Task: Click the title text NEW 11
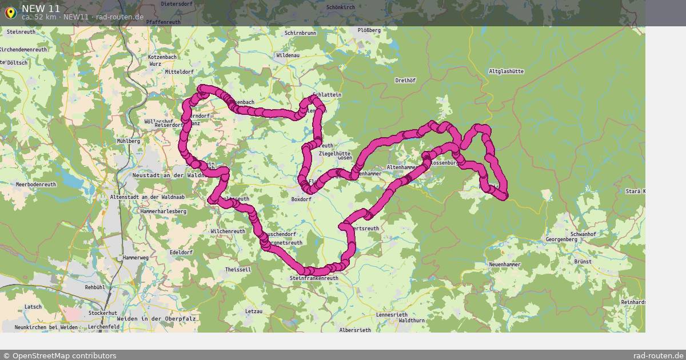(x=41, y=8)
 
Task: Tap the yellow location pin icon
(x=10, y=11)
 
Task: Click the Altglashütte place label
(x=506, y=71)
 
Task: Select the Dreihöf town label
(x=405, y=81)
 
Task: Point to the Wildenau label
(x=288, y=56)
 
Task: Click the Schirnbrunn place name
(x=300, y=34)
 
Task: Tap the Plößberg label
(x=369, y=30)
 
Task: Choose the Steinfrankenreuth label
(x=314, y=278)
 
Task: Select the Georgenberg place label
(x=563, y=239)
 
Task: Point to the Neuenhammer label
(x=505, y=265)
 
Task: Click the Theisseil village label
(x=238, y=269)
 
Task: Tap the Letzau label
(x=253, y=311)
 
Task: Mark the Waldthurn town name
(x=412, y=321)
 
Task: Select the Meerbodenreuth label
(x=35, y=185)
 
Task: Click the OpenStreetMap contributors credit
(x=59, y=355)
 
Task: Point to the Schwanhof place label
(x=583, y=234)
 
